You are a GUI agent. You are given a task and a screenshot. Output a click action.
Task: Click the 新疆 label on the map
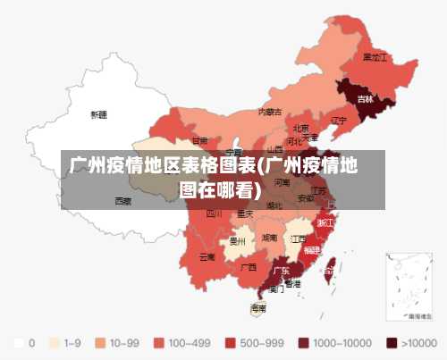(x=98, y=115)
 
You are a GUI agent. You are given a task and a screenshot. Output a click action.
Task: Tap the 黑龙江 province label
(x=375, y=56)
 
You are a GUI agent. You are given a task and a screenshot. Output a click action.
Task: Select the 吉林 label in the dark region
(x=365, y=98)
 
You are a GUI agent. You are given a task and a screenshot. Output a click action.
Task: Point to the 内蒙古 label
(x=270, y=113)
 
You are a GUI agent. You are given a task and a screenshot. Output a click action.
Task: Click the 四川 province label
(x=214, y=214)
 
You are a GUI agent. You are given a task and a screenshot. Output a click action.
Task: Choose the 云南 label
(x=207, y=257)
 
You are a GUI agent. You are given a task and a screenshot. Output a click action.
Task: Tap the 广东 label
(x=281, y=271)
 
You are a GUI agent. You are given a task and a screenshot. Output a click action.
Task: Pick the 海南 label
(x=258, y=308)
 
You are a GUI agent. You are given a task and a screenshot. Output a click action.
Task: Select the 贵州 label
(x=237, y=241)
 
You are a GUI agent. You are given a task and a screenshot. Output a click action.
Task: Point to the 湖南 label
(x=269, y=239)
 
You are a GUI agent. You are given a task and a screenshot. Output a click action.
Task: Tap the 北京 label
(x=300, y=128)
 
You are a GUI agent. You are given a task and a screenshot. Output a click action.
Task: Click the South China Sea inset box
(x=408, y=285)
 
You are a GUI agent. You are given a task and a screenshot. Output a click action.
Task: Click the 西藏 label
(x=122, y=201)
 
